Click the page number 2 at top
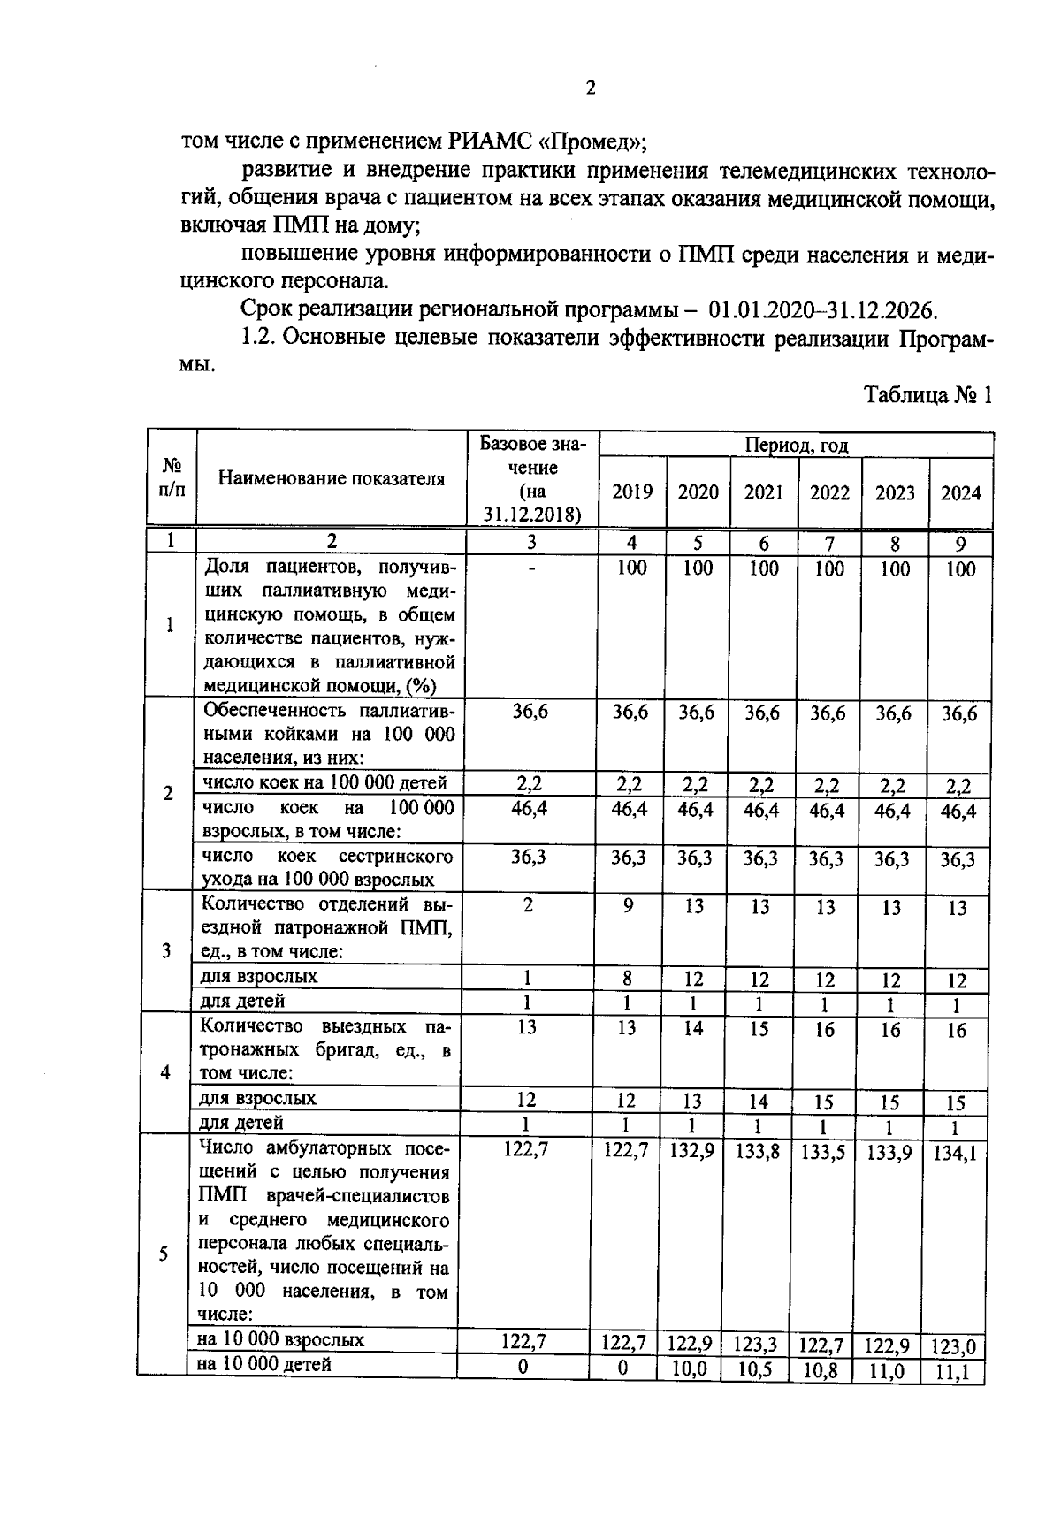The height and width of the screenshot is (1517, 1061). click(591, 88)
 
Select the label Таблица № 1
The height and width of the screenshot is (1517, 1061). click(927, 394)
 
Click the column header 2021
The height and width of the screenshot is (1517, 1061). click(763, 492)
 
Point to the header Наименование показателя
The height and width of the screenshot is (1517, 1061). click(331, 479)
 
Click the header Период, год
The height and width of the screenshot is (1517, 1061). click(796, 445)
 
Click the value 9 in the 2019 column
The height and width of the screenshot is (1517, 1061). click(627, 906)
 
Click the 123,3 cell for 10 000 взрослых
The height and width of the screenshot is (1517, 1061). click(755, 1345)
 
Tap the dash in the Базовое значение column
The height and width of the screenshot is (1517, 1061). click(532, 570)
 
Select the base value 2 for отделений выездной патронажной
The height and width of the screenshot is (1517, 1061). click(528, 905)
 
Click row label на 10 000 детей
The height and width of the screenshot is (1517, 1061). click(265, 1365)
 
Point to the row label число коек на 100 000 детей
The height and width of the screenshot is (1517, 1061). click(325, 782)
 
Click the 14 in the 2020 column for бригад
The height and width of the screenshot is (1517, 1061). click(692, 1029)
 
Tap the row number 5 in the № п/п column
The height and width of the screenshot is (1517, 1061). click(164, 1254)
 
